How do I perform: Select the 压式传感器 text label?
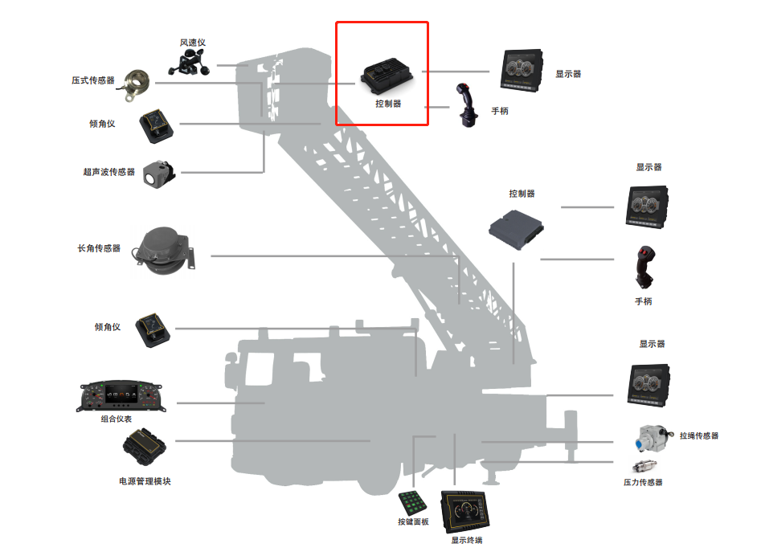coord(93,80)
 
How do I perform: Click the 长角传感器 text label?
coord(99,249)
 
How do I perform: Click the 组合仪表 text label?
coord(117,419)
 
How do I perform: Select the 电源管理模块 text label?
coord(145,481)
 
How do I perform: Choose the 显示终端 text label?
coord(466,541)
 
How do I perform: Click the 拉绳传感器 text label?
coord(698,436)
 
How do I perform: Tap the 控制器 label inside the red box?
coord(387,104)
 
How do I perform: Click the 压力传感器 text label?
coord(643,483)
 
